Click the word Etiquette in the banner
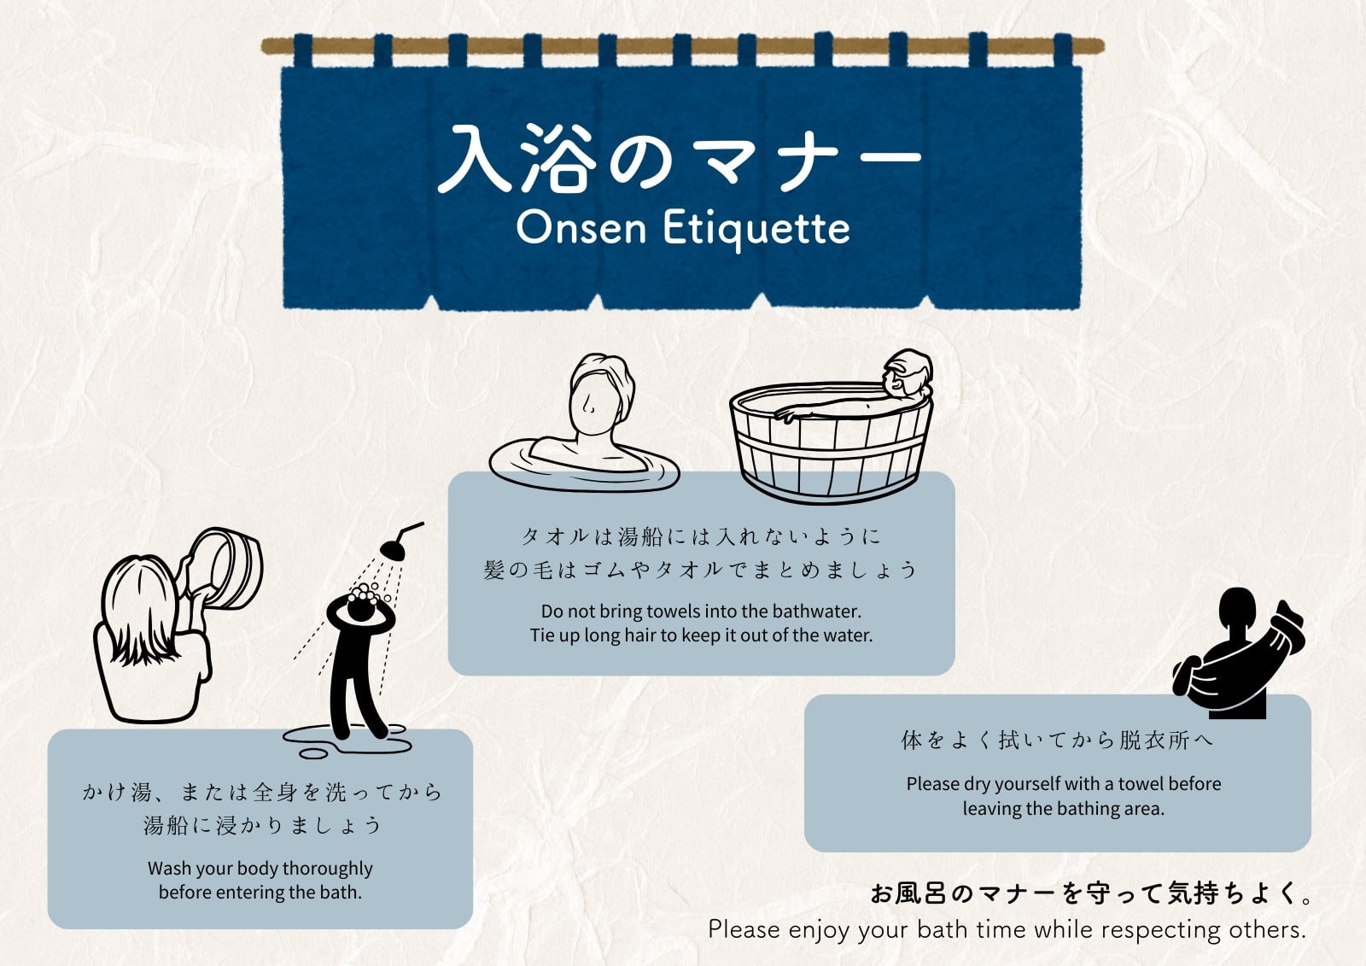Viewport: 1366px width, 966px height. point(756,230)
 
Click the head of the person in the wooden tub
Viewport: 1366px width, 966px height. point(908,373)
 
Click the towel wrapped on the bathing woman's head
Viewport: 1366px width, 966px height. point(603,382)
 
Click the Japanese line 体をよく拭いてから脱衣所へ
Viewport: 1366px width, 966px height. point(1057,741)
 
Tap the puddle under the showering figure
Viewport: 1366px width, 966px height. point(347,741)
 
